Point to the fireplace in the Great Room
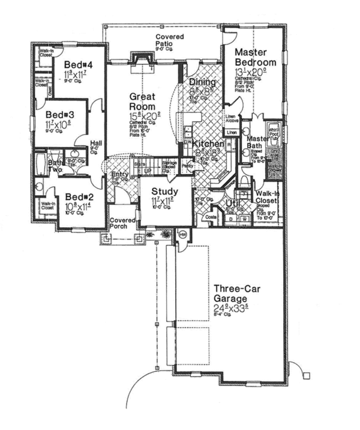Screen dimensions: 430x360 (142, 60)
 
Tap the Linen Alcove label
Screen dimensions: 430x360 (233, 121)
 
